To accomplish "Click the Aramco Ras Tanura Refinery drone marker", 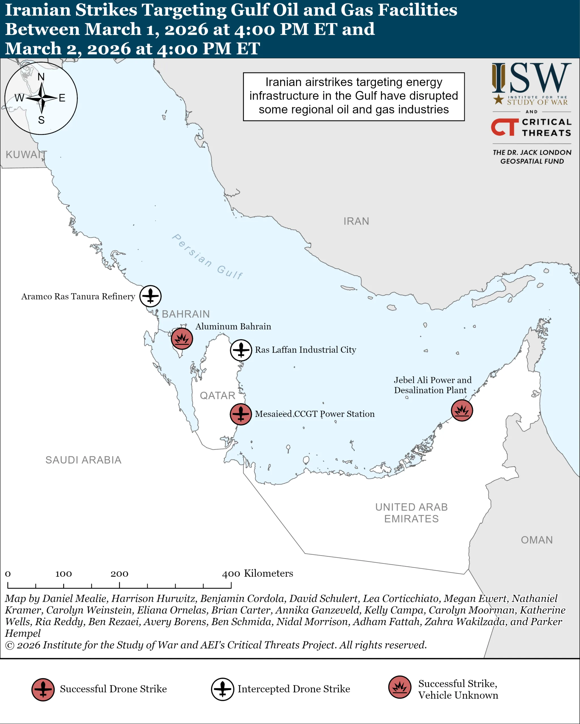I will (150, 296).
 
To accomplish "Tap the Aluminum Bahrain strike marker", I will (182, 339).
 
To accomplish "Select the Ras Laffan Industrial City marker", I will (241, 350).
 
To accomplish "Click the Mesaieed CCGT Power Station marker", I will (241, 414).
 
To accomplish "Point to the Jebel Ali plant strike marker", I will (462, 410).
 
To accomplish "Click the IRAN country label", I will (356, 221).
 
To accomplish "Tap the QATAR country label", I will (217, 396).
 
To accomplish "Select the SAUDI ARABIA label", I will (83, 460).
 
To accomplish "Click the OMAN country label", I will (537, 540).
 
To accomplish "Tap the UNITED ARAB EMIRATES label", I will (411, 513).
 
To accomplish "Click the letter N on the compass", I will (41, 77).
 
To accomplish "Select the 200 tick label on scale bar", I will (119, 574).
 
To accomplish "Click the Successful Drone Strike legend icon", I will (43, 689).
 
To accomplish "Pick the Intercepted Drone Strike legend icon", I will (222, 689).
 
